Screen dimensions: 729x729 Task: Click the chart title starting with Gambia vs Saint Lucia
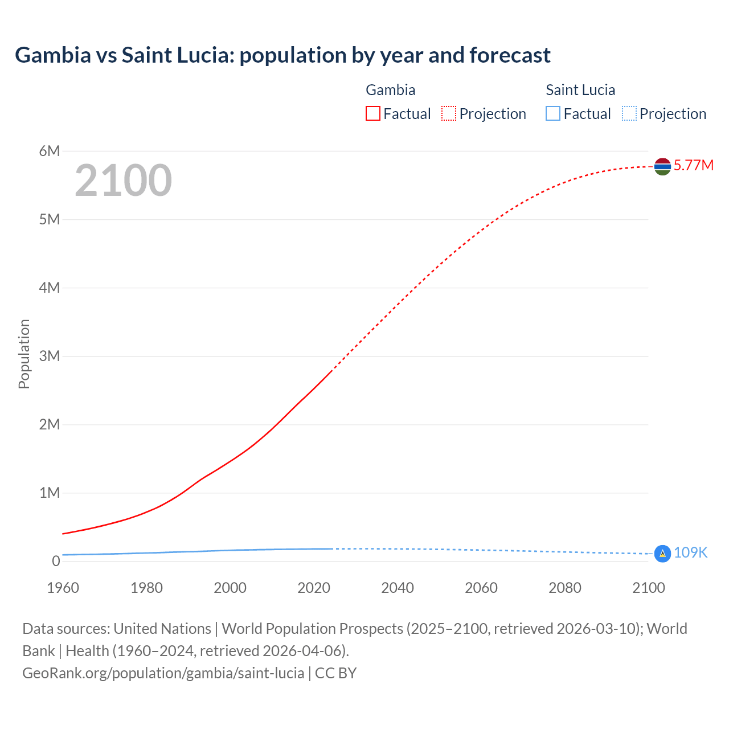pyautogui.click(x=282, y=55)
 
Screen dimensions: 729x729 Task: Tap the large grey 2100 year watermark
pyautogui.click(x=123, y=181)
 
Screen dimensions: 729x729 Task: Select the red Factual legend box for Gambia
pyautogui.click(x=372, y=114)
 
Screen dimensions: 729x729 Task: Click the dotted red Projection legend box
pyautogui.click(x=449, y=114)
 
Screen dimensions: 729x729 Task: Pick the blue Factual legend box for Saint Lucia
pyautogui.click(x=553, y=114)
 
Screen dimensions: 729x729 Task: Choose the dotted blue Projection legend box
pyautogui.click(x=629, y=114)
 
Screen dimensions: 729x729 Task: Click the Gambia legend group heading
pyautogui.click(x=390, y=90)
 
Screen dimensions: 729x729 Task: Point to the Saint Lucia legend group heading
pyautogui.click(x=580, y=90)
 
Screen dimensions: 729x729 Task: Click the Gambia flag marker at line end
pyautogui.click(x=662, y=166)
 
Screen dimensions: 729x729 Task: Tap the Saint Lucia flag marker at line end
pyautogui.click(x=662, y=553)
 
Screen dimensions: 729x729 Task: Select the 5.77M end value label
pyautogui.click(x=693, y=166)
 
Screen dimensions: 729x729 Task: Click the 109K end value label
pyautogui.click(x=690, y=553)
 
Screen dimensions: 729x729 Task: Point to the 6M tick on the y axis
pyautogui.click(x=49, y=151)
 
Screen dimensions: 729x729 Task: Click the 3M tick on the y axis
pyautogui.click(x=49, y=356)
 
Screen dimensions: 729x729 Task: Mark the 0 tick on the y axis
pyautogui.click(x=55, y=561)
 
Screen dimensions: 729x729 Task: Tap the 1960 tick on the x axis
pyautogui.click(x=63, y=588)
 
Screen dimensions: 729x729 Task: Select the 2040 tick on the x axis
pyautogui.click(x=398, y=588)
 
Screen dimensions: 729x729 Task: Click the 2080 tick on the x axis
pyautogui.click(x=565, y=588)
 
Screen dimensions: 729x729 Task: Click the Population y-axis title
pyautogui.click(x=24, y=354)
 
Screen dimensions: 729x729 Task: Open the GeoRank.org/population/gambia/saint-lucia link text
pyautogui.click(x=163, y=673)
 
